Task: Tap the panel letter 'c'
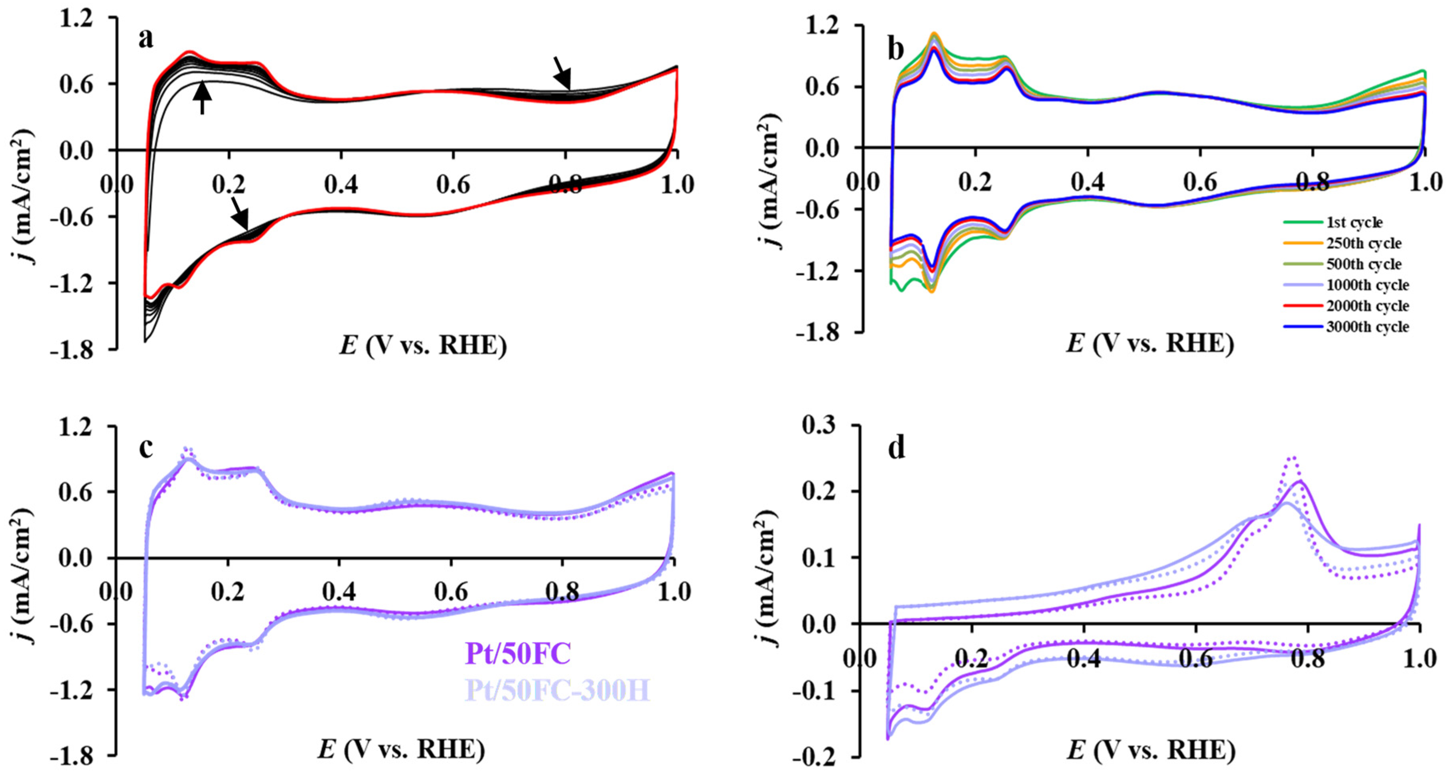[x=146, y=448]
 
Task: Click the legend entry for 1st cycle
[x=1354, y=223]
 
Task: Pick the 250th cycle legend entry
[x=1363, y=243]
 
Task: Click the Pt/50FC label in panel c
[x=518, y=653]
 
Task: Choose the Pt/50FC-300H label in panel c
[x=557, y=690]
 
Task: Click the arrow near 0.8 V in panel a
[x=563, y=73]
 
